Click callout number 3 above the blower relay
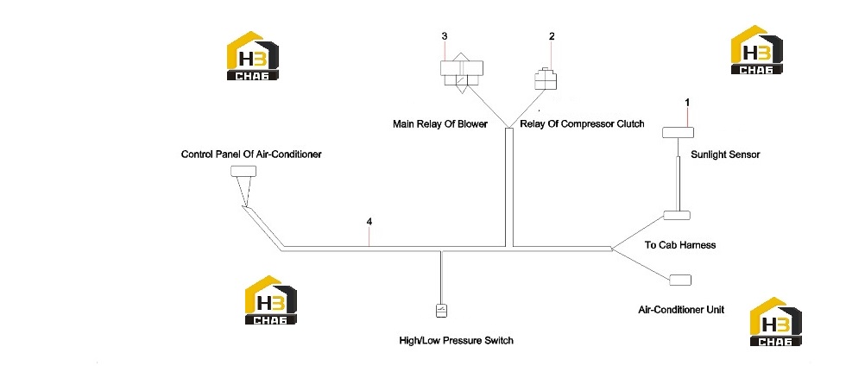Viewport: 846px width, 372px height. pos(444,36)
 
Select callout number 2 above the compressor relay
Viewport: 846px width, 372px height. pos(552,36)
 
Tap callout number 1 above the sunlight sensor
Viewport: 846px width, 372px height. pos(687,102)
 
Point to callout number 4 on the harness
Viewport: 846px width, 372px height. pos(369,222)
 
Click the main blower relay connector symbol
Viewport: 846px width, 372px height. pos(461,74)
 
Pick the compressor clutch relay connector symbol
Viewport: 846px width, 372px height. pos(546,79)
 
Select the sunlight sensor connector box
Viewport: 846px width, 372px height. pos(678,133)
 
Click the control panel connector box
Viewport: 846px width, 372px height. pos(243,172)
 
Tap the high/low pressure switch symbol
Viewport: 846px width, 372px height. pos(442,311)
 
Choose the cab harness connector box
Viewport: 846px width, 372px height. pos(677,215)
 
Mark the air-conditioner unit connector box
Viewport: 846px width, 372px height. pos(680,280)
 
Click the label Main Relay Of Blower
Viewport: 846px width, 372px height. pos(440,124)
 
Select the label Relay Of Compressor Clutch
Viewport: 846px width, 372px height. pos(582,124)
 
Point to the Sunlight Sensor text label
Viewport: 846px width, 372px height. pos(725,154)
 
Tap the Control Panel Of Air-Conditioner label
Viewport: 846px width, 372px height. pos(251,154)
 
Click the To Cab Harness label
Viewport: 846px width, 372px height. pos(680,245)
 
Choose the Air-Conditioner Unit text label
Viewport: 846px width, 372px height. pos(681,310)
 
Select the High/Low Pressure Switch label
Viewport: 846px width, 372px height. pos(457,341)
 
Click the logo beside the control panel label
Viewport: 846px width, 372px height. pos(252,56)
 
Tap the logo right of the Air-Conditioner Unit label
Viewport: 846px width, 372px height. pos(776,321)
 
